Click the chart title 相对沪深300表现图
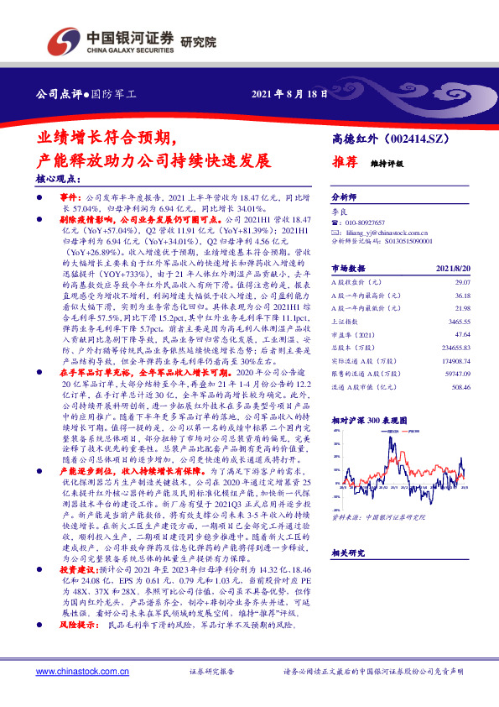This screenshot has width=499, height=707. pos(364,417)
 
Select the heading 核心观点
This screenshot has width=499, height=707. pos(58,178)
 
